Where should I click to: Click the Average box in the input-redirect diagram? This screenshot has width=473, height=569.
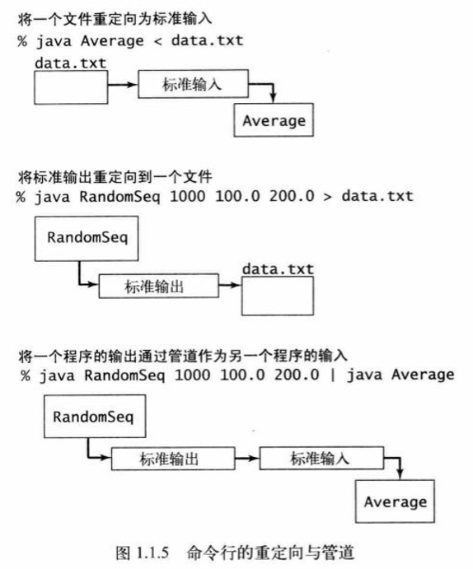[274, 121]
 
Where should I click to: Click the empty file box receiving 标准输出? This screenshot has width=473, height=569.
[277, 296]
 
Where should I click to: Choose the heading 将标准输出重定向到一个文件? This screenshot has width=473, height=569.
[115, 176]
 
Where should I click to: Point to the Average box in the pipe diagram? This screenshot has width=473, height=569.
[395, 501]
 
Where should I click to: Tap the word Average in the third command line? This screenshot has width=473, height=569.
[422, 375]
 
